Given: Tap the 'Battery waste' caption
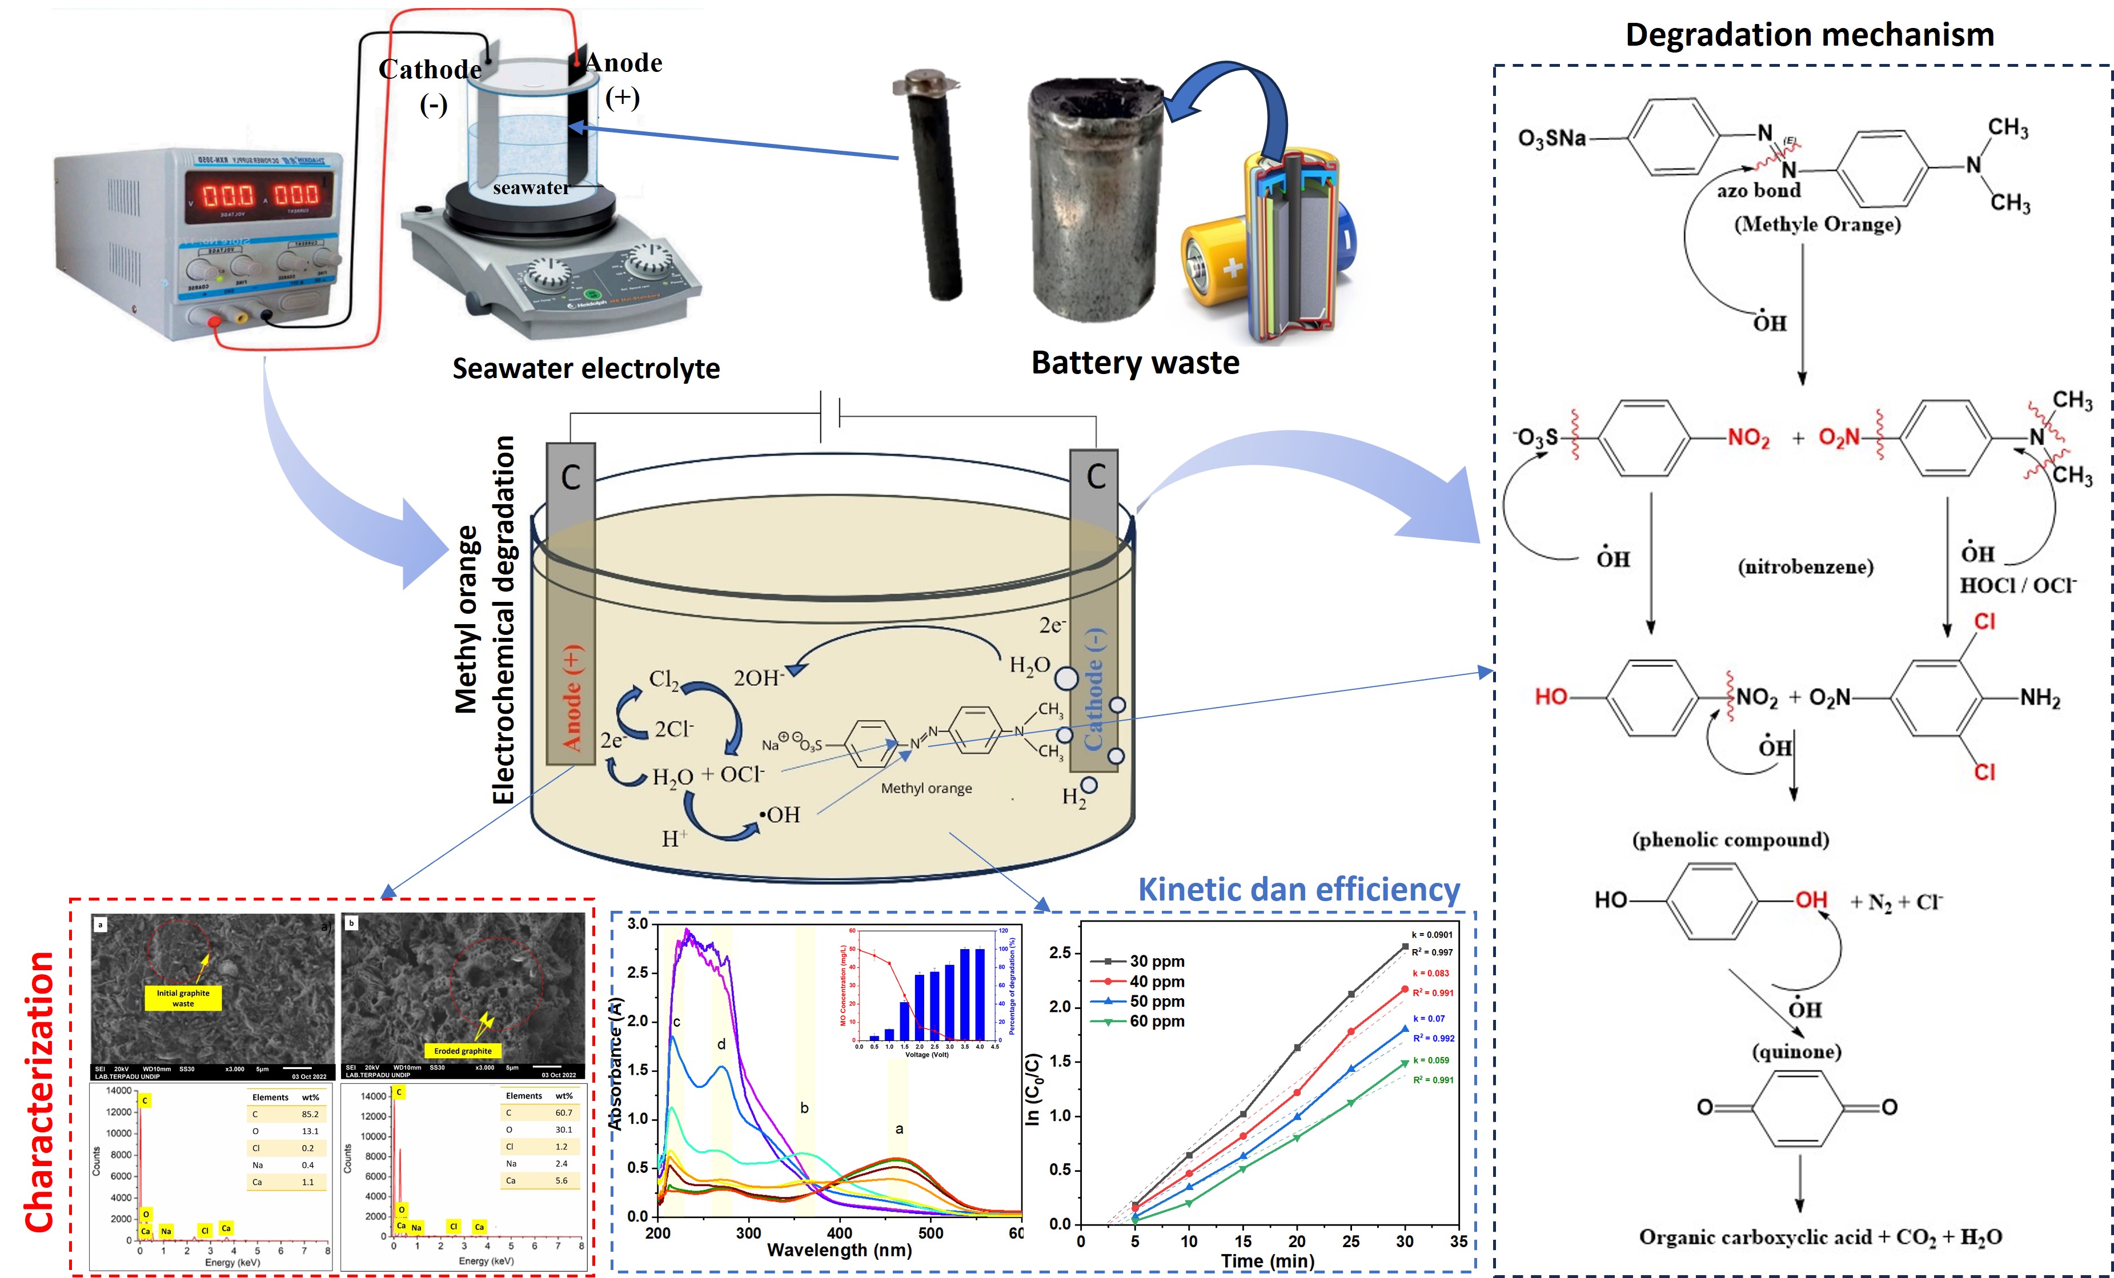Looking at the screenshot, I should [x=1134, y=363].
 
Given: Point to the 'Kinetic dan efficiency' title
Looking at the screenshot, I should [x=1298, y=890].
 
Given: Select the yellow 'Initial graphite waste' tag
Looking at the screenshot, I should [x=183, y=998].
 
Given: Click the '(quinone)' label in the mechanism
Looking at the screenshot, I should [x=1796, y=1051].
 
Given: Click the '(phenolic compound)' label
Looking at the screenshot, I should [x=1731, y=839].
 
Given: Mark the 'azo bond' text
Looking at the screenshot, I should [x=1758, y=190].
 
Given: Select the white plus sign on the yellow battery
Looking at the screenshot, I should [x=1232, y=268].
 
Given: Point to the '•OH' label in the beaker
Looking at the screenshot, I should [x=779, y=815].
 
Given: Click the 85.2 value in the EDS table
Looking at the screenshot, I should [x=310, y=1114].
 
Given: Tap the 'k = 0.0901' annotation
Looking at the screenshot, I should [x=1432, y=935].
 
